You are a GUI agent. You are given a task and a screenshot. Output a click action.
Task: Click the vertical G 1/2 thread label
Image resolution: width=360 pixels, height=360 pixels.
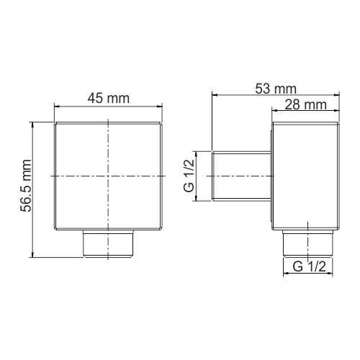189,176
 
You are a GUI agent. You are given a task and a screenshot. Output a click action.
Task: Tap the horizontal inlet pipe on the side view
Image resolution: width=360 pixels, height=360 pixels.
241,176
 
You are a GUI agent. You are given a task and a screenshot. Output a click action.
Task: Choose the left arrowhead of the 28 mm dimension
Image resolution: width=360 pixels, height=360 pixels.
274,110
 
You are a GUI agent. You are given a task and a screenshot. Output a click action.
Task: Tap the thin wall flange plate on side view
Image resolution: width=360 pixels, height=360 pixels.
271,176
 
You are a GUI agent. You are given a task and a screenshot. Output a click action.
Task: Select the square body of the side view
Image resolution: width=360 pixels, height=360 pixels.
305,176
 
